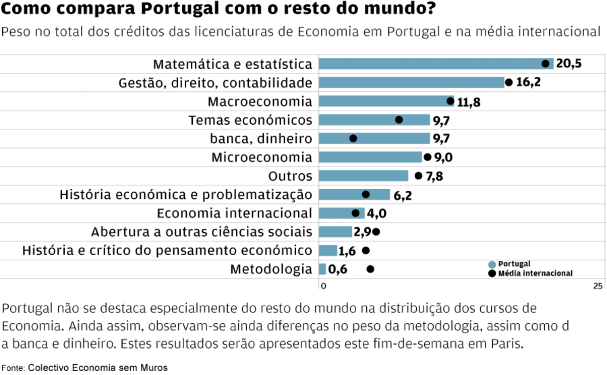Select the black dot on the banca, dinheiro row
[353, 138]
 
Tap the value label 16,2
[528, 82]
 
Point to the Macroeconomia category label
[260, 101]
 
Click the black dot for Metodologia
[370, 269]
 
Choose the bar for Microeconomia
[370, 157]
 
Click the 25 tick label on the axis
[598, 287]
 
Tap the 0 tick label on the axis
[323, 287]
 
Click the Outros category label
[290, 176]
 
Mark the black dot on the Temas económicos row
[399, 120]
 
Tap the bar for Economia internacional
[341, 213]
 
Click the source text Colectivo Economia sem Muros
[97, 368]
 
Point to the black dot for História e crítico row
[366, 250]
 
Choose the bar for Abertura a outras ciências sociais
[335, 232]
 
